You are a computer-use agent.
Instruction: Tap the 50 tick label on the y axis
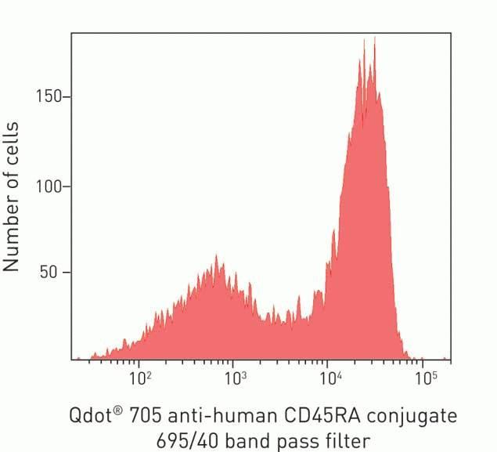tap(54, 273)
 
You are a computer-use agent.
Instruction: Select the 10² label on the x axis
tap(140, 379)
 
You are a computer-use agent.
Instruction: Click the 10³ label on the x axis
tap(235, 379)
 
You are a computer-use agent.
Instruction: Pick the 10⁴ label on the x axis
tap(331, 379)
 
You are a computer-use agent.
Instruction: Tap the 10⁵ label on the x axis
tap(426, 379)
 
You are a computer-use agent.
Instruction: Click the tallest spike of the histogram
tap(375, 38)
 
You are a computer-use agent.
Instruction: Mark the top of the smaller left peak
tap(216, 256)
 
